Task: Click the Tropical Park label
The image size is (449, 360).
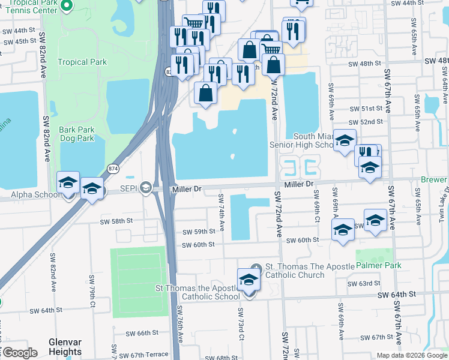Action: pos(82,62)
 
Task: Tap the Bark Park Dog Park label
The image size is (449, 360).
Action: pos(77,134)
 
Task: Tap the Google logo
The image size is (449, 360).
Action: pos(20,353)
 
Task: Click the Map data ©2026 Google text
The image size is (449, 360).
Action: pos(411,355)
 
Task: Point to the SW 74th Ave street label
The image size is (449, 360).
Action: pos(221,214)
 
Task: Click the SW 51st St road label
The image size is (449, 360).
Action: pos(366,109)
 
